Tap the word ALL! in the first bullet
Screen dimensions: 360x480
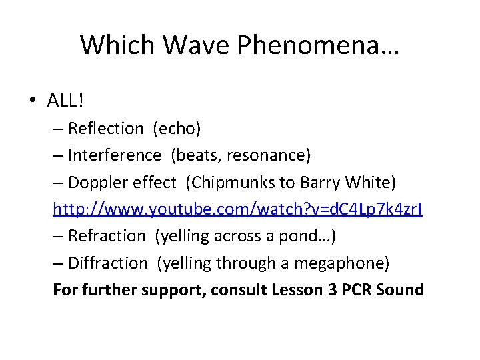pos(65,100)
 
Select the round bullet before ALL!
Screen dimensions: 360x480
pos(33,101)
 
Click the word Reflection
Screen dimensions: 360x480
pos(106,128)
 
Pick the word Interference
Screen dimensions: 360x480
pos(115,155)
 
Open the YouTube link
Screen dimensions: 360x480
pos(238,209)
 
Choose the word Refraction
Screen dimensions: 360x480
pos(107,236)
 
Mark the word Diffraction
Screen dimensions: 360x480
pos(107,263)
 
